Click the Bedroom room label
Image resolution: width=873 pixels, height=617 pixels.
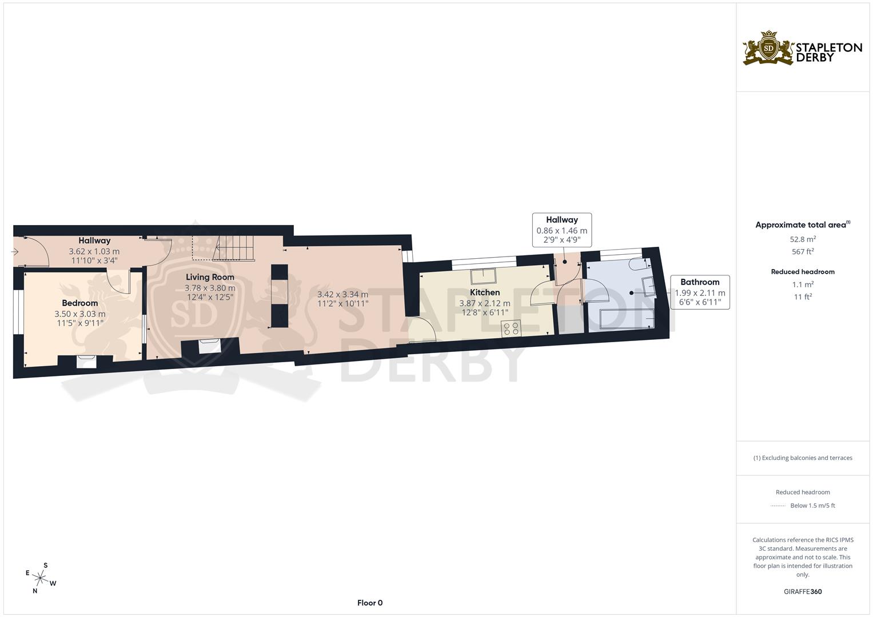pyautogui.click(x=80, y=303)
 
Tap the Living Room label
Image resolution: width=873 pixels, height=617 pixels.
pyautogui.click(x=210, y=277)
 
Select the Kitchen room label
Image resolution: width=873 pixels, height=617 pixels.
pyautogui.click(x=485, y=293)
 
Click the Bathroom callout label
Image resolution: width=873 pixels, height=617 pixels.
pyautogui.click(x=700, y=282)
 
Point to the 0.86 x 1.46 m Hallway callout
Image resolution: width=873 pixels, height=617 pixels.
pyautogui.click(x=561, y=230)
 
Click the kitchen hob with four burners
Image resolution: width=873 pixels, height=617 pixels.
pyautogui.click(x=511, y=328)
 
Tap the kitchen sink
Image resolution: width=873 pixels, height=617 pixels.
pyautogui.click(x=484, y=277)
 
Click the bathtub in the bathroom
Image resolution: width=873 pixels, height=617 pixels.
pyautogui.click(x=626, y=320)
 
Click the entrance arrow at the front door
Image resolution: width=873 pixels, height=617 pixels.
pyautogui.click(x=15, y=251)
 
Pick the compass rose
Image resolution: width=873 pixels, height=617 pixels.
pyautogui.click(x=41, y=578)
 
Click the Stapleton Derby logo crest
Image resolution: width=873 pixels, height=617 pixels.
pyautogui.click(x=768, y=49)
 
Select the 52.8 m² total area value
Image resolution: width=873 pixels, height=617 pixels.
pyautogui.click(x=803, y=239)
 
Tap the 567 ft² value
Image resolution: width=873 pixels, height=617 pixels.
pyautogui.click(x=803, y=251)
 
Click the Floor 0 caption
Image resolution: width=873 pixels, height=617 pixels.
pyautogui.click(x=370, y=603)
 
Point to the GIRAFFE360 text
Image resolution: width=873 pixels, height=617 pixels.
pyautogui.click(x=803, y=592)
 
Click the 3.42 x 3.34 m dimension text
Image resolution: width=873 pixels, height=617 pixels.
pyautogui.click(x=342, y=295)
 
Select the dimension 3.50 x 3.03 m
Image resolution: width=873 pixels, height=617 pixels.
pyautogui.click(x=80, y=314)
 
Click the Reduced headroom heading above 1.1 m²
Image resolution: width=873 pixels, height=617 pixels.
pyautogui.click(x=803, y=272)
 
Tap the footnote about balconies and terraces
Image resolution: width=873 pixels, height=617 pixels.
pyautogui.click(x=803, y=458)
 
